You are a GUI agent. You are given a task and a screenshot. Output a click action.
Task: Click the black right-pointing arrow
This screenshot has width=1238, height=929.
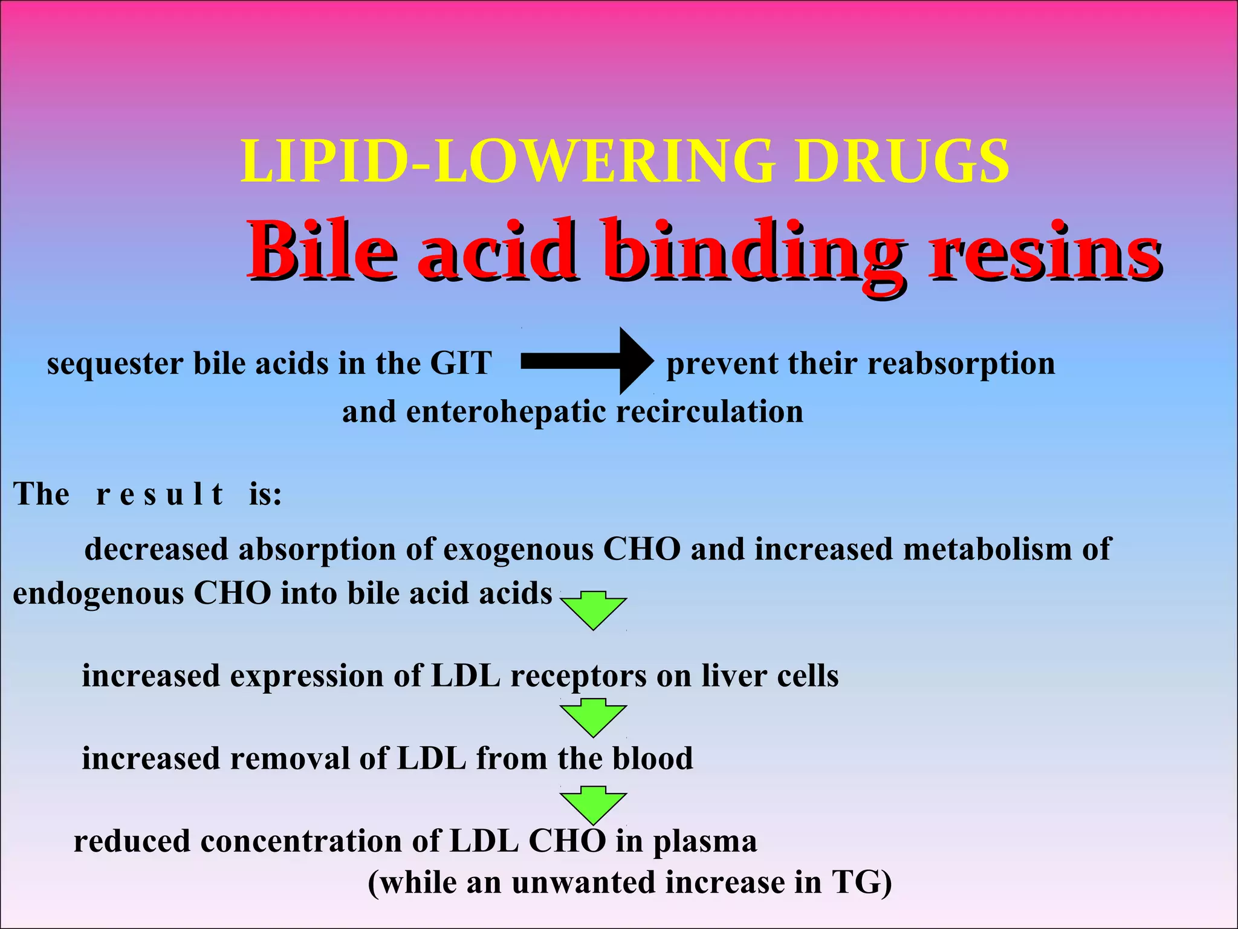click(586, 361)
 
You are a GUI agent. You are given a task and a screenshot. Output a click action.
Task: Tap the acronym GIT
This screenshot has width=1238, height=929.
click(461, 363)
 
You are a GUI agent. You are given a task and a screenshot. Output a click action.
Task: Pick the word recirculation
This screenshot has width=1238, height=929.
click(710, 412)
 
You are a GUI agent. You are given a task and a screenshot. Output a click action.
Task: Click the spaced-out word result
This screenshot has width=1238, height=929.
click(160, 494)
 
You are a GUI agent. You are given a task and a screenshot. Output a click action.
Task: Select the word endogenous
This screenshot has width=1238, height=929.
click(98, 594)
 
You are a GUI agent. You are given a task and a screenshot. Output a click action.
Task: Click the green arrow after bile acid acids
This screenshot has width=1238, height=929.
click(593, 610)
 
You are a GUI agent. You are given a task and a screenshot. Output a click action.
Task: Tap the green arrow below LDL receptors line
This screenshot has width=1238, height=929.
click(593, 717)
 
